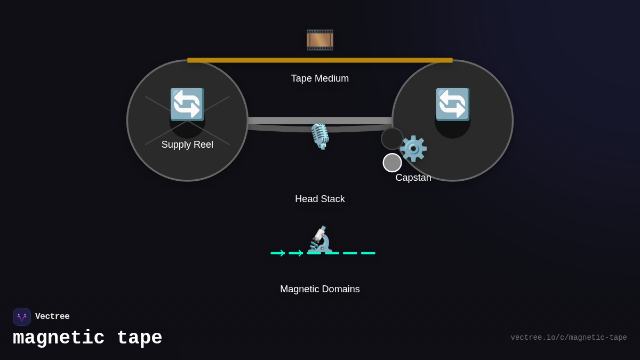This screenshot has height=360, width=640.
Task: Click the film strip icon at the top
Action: pyautogui.click(x=320, y=40)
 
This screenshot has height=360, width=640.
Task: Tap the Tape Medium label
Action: pyautogui.click(x=320, y=78)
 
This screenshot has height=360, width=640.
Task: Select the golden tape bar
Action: pyautogui.click(x=320, y=60)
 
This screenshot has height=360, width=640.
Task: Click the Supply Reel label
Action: pyautogui.click(x=187, y=145)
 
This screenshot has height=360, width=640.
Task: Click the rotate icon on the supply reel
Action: pyautogui.click(x=187, y=104)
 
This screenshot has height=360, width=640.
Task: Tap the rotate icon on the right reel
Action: pyautogui.click(x=453, y=104)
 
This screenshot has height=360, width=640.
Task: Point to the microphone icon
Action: pyautogui.click(x=320, y=136)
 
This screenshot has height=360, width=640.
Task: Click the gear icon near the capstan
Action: pyautogui.click(x=413, y=149)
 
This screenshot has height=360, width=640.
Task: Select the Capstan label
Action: pyautogui.click(x=413, y=178)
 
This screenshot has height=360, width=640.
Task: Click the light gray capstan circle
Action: pyautogui.click(x=392, y=163)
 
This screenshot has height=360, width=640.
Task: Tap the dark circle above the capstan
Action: pyautogui.click(x=392, y=139)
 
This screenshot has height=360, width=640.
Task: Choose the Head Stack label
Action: pyautogui.click(x=320, y=199)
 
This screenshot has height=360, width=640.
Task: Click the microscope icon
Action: pyautogui.click(x=321, y=239)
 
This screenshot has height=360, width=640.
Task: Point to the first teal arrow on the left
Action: pyautogui.click(x=278, y=253)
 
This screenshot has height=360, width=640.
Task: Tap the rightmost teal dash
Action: pyautogui.click(x=368, y=253)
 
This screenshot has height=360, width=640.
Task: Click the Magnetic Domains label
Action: pyautogui.click(x=320, y=289)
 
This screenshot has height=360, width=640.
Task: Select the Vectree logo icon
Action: pyautogui.click(x=22, y=317)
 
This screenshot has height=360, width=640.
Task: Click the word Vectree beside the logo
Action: pyautogui.click(x=52, y=317)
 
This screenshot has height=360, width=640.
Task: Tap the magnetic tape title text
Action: pyautogui.click(x=87, y=338)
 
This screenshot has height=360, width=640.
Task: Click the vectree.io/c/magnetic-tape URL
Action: pyautogui.click(x=569, y=338)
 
